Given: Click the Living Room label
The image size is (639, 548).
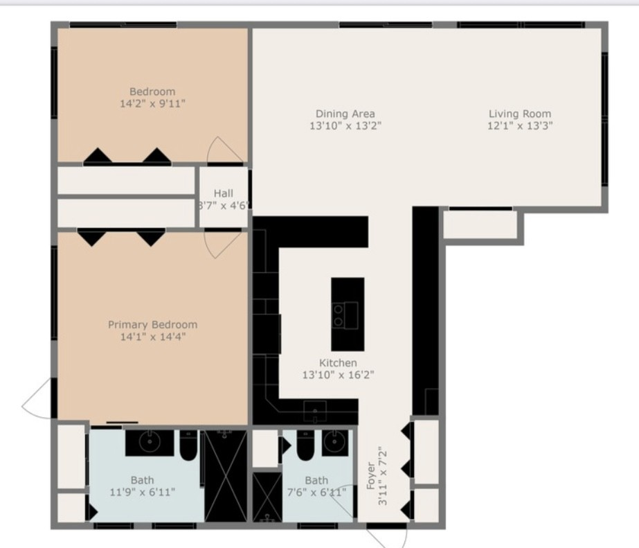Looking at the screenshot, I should (520, 114).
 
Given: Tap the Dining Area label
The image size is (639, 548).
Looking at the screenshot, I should (345, 114).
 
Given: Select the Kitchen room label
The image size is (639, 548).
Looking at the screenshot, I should (338, 363).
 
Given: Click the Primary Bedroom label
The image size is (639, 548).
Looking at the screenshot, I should (152, 324).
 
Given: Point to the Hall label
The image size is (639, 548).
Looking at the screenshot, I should (223, 193).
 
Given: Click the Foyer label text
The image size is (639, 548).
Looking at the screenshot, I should (371, 476).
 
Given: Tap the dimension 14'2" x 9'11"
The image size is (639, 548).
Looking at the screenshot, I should (152, 104).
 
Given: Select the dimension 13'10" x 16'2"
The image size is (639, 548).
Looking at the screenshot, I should (338, 375).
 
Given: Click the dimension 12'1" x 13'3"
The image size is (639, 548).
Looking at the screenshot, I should (520, 126).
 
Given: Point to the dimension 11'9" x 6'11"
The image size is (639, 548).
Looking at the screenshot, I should (143, 492).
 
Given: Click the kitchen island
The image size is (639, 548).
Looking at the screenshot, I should (348, 314).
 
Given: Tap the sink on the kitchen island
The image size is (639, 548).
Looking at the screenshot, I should (340, 315).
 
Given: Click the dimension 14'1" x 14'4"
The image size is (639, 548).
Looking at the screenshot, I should (152, 337).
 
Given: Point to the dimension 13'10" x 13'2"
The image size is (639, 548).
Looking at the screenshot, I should (345, 126).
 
